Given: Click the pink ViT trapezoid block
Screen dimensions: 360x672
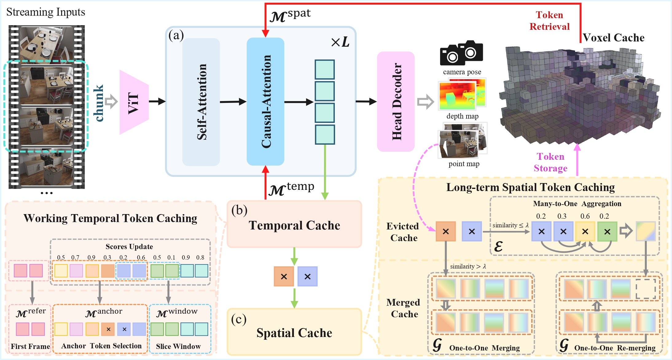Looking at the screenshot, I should (134, 102).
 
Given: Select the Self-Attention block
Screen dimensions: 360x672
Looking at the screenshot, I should (201, 102).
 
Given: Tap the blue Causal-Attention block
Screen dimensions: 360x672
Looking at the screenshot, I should (265, 101).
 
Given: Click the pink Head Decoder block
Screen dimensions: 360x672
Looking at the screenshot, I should (396, 101).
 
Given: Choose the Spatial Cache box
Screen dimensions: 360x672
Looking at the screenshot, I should (294, 332).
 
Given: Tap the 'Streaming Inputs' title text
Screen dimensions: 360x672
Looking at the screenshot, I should (45, 12).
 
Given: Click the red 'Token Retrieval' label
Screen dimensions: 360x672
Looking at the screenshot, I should (549, 21).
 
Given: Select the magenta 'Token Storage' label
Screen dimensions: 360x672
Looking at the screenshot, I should (550, 162).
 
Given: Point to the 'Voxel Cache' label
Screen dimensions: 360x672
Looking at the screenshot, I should (614, 37).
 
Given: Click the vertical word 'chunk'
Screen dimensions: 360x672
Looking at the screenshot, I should (99, 103).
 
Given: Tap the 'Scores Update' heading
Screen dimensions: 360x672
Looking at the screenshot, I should (129, 247).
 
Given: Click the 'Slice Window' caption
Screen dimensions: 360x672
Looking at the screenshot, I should (178, 346).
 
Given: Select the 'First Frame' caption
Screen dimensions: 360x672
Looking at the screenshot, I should (30, 346).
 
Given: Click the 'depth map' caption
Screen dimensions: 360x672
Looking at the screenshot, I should (462, 116).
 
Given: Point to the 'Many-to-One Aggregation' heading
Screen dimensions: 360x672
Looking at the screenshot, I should (577, 204).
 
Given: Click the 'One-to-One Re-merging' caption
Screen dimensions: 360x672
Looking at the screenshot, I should (615, 348).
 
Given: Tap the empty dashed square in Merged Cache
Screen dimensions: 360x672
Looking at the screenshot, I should (646, 289).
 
